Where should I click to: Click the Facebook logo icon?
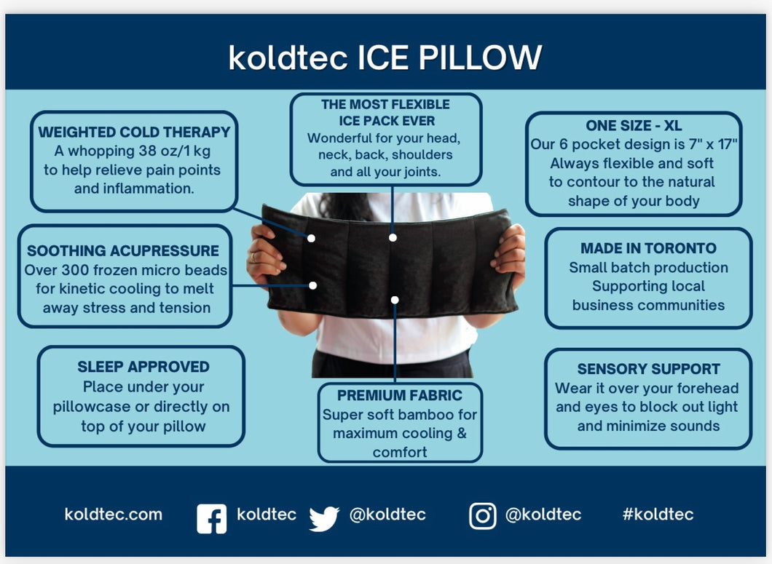pyautogui.click(x=212, y=518)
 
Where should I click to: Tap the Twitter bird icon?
pyautogui.click(x=324, y=518)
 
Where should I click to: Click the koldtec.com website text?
pyautogui.click(x=113, y=515)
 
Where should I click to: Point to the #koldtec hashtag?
pyautogui.click(x=658, y=515)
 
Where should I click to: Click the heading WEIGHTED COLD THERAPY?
pyautogui.click(x=135, y=132)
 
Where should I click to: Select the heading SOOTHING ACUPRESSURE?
pyautogui.click(x=123, y=250)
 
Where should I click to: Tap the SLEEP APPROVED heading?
pyautogui.click(x=143, y=367)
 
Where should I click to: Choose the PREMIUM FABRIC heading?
pyautogui.click(x=400, y=395)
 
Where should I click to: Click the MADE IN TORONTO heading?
pyautogui.click(x=648, y=248)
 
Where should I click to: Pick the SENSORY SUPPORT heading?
pyautogui.click(x=648, y=369)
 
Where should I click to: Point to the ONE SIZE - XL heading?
pyautogui.click(x=634, y=125)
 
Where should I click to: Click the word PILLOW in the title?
pyautogui.click(x=480, y=57)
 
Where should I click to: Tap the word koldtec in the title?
pyautogui.click(x=288, y=57)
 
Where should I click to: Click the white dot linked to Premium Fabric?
pyautogui.click(x=395, y=300)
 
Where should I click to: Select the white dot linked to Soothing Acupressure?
pyautogui.click(x=312, y=285)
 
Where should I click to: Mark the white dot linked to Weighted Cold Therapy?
pyautogui.click(x=311, y=238)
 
